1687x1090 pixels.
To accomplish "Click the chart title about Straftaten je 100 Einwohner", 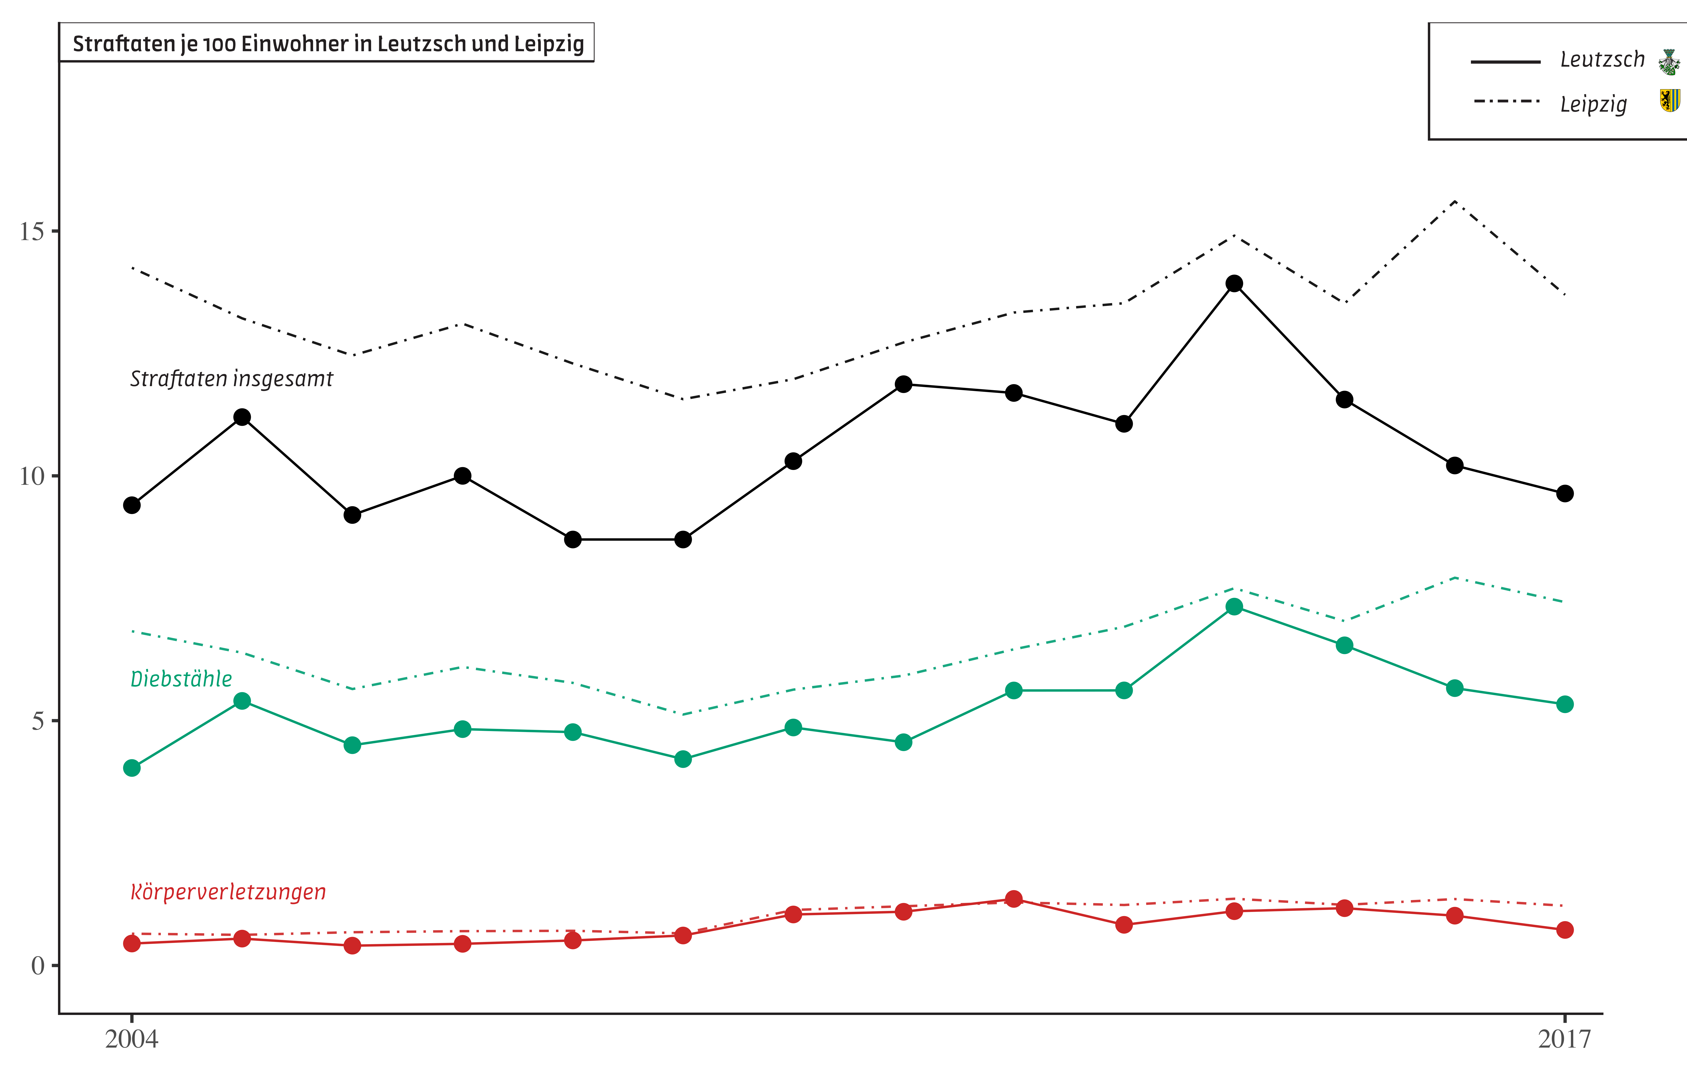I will tap(328, 44).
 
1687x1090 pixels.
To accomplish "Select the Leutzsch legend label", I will tap(1602, 59).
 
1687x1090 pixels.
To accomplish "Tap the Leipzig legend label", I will tap(1593, 104).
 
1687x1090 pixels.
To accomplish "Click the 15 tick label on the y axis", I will tap(32, 231).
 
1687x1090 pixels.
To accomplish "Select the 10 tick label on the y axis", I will tap(32, 476).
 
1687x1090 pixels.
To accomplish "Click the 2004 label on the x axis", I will tap(132, 1039).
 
